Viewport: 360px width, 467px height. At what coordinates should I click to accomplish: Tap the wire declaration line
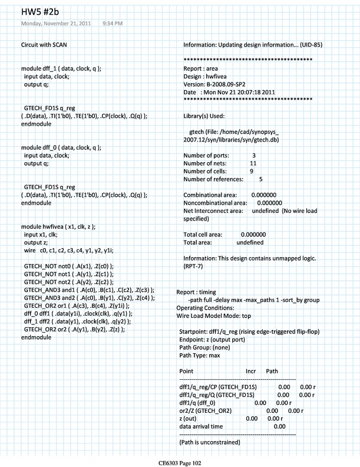point(71,251)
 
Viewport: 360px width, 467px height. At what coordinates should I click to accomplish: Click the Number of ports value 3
point(253,154)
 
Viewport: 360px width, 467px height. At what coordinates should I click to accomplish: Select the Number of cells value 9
point(252,170)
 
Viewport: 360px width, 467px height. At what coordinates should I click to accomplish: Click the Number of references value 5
point(260,179)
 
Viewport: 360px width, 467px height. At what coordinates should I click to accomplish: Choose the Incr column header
point(250,371)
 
